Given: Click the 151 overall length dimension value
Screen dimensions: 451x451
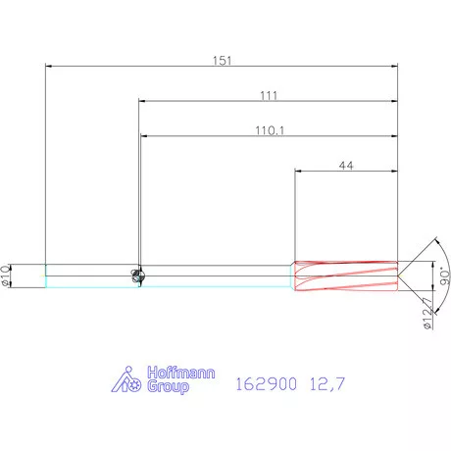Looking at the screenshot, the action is pos(223,61).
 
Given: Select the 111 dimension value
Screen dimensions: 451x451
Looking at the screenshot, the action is pos(269,95).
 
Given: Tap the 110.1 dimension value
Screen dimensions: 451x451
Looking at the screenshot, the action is pos(270,130).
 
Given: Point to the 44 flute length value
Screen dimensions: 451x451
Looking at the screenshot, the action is pos(346,166).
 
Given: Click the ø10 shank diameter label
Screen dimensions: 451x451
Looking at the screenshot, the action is pos(5,276).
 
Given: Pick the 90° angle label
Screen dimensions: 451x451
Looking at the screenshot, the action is pos(445,276).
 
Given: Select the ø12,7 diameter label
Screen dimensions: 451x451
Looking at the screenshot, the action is pos(427,313).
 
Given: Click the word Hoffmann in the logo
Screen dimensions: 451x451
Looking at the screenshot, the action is pos(181,373).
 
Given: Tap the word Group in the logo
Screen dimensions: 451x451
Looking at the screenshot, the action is pos(168,387).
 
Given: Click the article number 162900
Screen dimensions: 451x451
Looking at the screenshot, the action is pos(267,383).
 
